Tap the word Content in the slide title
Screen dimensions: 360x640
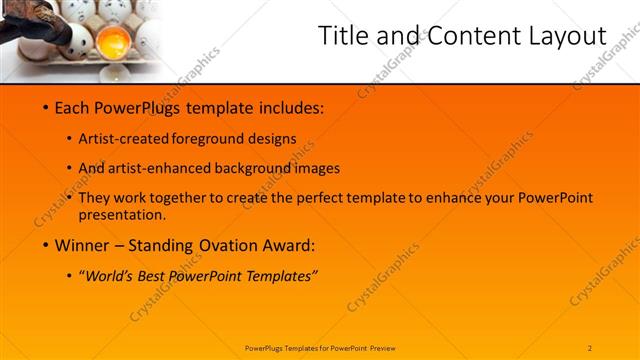(468, 36)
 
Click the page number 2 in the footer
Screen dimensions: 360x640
(590, 347)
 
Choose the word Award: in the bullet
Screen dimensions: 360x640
(287, 244)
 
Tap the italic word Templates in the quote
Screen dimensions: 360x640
(280, 275)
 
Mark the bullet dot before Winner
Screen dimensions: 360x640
(47, 244)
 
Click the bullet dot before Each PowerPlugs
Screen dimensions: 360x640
(47, 107)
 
